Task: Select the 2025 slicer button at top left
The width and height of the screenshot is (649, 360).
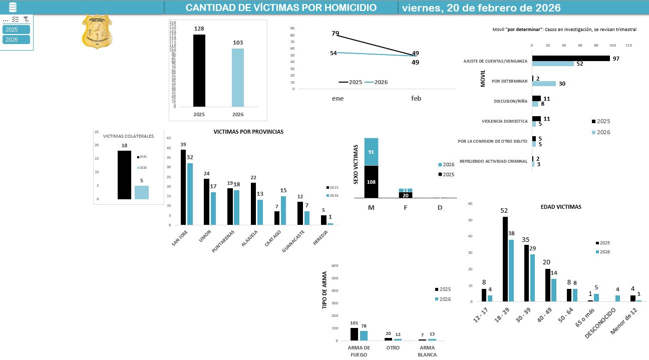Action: (16, 30)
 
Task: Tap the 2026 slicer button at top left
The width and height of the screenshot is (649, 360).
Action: (16, 40)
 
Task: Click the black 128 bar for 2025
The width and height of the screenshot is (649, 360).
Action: (199, 71)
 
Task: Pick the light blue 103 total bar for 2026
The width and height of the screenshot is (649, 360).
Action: (238, 78)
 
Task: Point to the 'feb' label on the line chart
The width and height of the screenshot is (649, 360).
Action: (416, 99)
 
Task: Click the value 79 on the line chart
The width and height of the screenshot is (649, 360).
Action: (336, 34)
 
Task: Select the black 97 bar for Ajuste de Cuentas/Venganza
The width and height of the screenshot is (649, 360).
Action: (571, 59)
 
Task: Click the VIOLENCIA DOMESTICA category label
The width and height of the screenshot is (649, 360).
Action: (504, 121)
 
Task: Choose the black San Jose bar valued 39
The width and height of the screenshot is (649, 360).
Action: (183, 187)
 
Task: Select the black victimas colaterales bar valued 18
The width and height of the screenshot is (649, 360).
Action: (125, 175)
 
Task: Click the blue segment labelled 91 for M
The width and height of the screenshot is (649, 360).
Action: (371, 152)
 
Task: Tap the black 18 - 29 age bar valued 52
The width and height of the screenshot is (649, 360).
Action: (505, 259)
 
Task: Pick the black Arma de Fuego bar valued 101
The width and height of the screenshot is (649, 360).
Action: (354, 334)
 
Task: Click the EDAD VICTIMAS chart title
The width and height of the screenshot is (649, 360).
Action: (561, 207)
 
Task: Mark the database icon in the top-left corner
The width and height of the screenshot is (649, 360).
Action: (13, 7)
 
